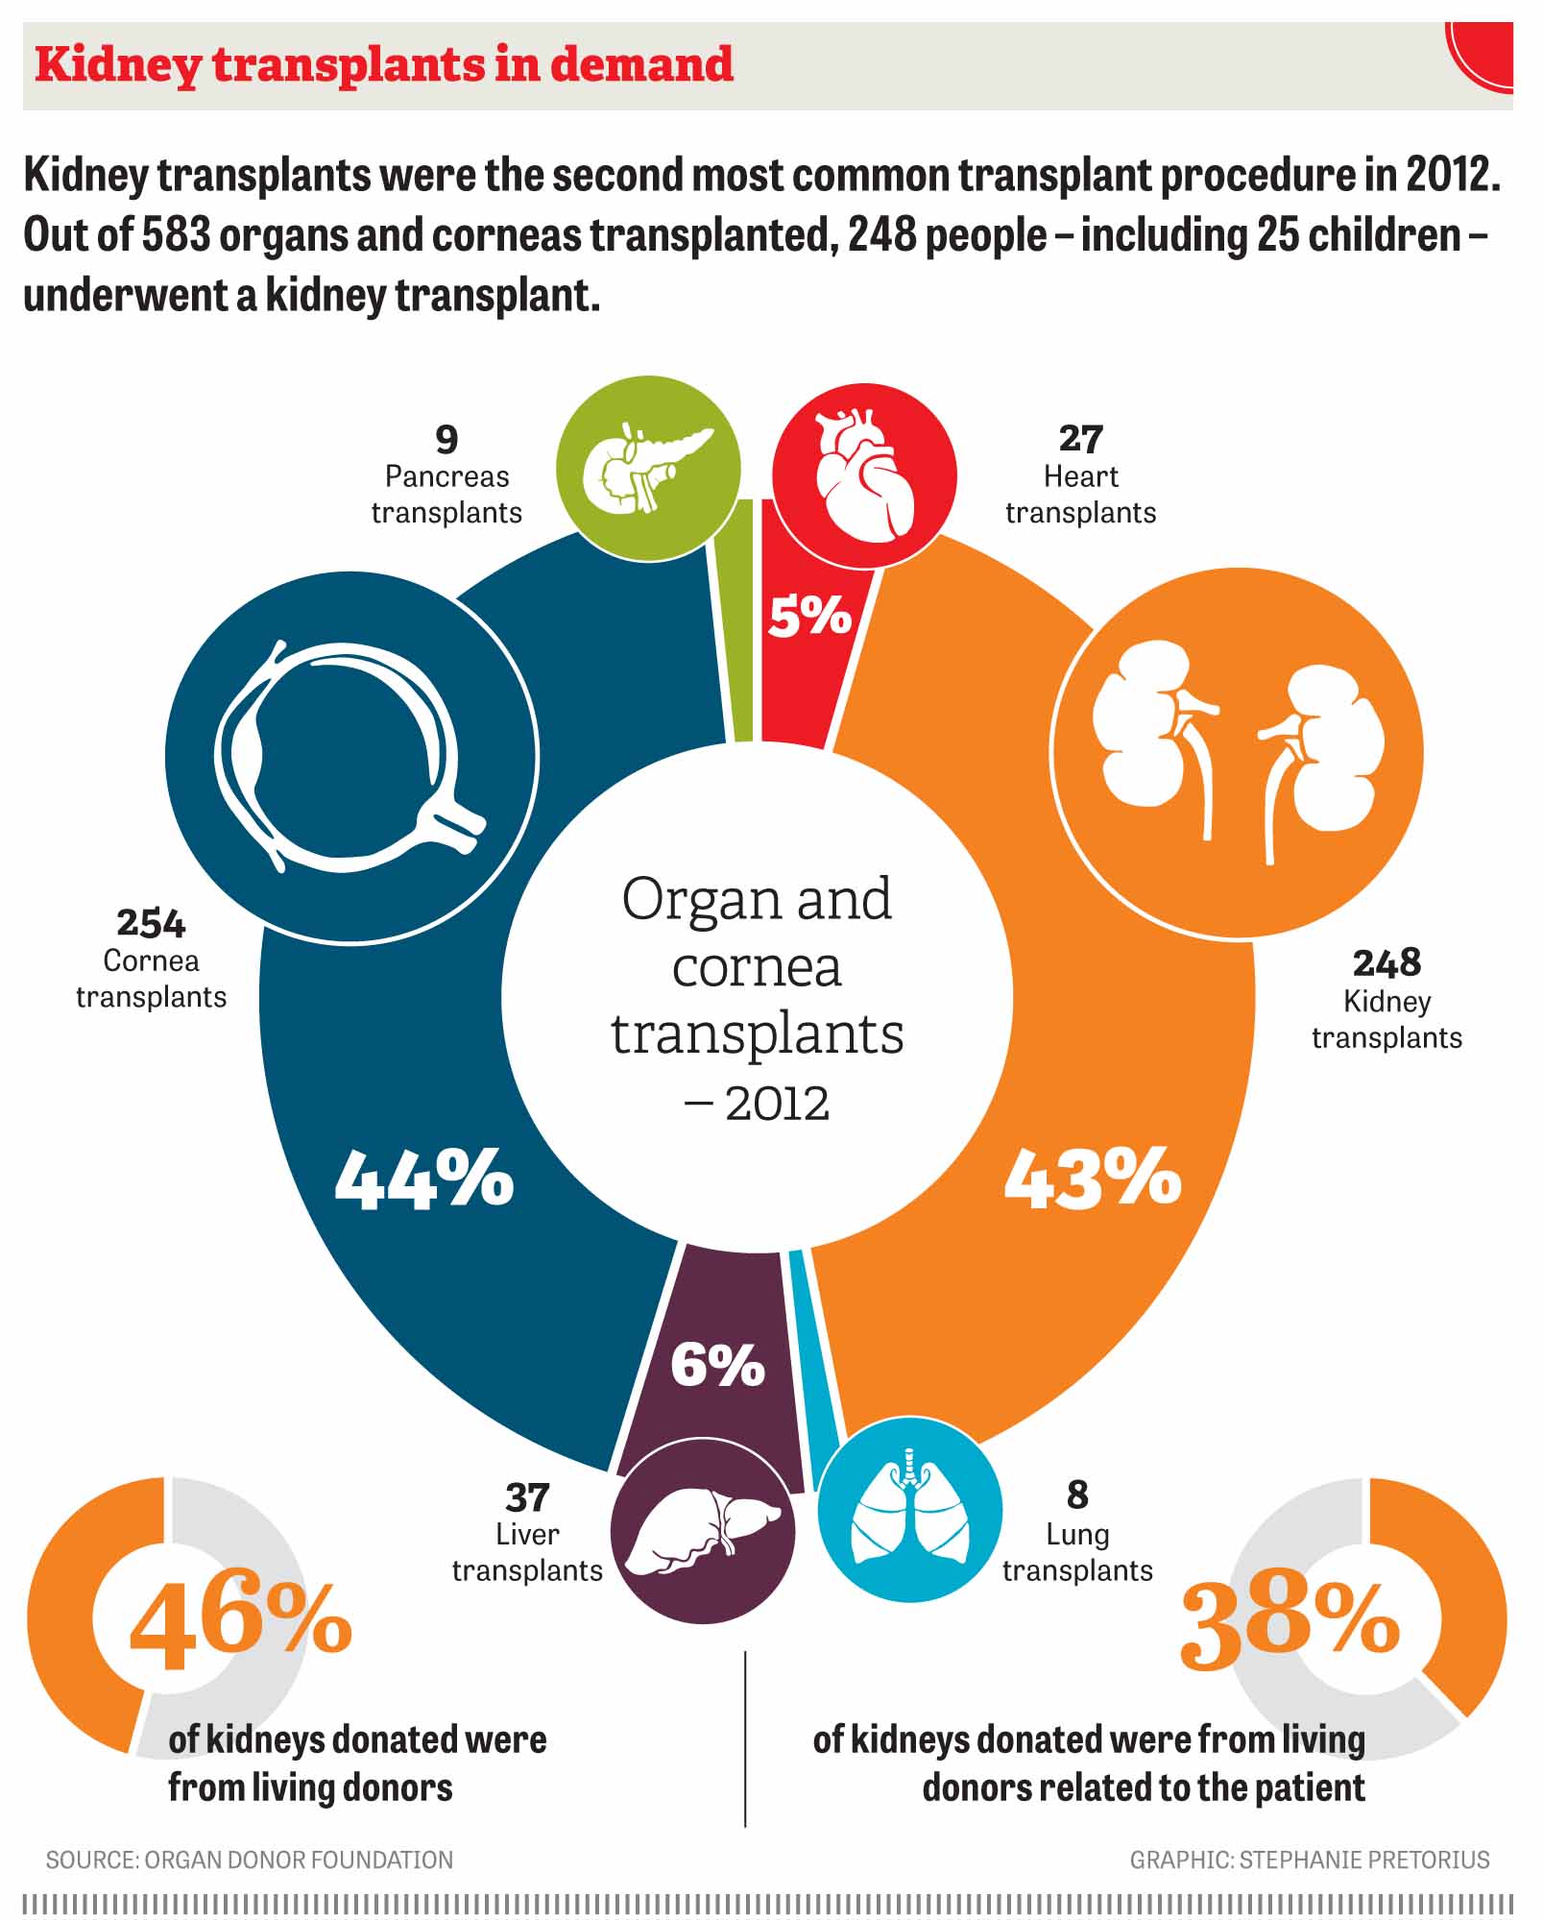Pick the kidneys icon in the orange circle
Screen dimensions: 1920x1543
pyautogui.click(x=1238, y=749)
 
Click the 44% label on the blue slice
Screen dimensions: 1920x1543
pyautogui.click(x=423, y=1178)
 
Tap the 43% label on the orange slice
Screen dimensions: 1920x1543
pyautogui.click(x=1093, y=1178)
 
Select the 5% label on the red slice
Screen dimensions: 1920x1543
pyautogui.click(x=809, y=615)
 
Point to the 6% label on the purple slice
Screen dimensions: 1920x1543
pyautogui.click(x=717, y=1364)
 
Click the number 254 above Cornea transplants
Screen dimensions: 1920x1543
pyautogui.click(x=151, y=923)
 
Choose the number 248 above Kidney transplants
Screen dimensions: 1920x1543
pyautogui.click(x=1386, y=962)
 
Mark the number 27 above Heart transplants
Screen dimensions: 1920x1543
pyautogui.click(x=1080, y=439)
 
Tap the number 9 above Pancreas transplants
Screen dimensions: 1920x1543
pyautogui.click(x=446, y=440)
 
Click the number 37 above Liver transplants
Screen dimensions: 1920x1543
pyautogui.click(x=527, y=1497)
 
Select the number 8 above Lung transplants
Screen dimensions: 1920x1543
pyautogui.click(x=1077, y=1495)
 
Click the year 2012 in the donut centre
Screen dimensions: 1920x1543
pyautogui.click(x=777, y=1104)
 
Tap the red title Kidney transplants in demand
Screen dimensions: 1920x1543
pyautogui.click(x=384, y=65)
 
